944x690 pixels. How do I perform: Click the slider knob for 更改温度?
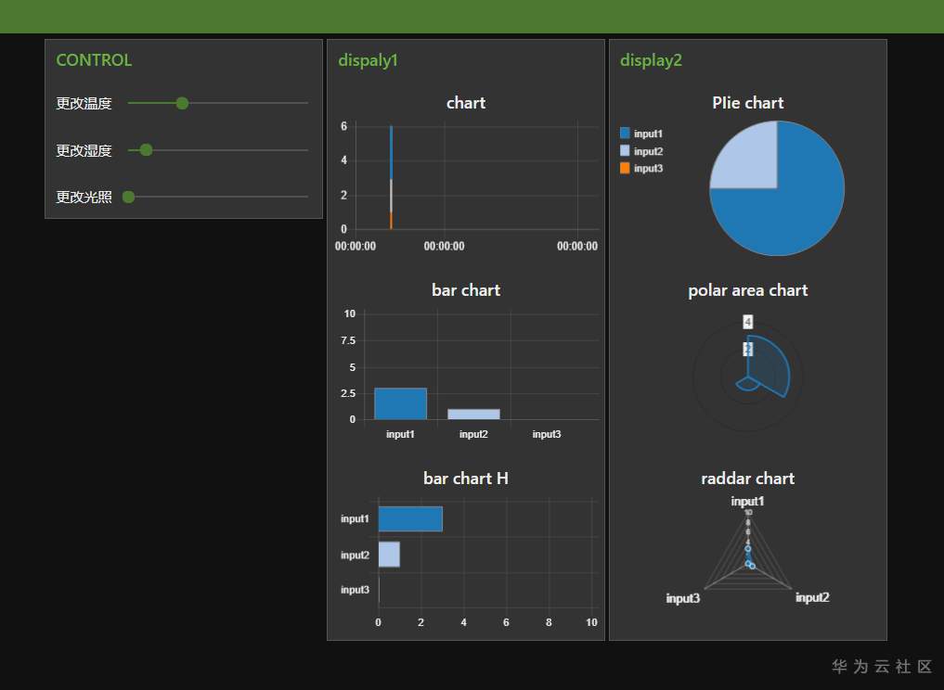coord(182,103)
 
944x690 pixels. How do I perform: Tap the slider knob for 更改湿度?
coord(146,149)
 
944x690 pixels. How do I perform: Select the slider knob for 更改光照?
coord(129,196)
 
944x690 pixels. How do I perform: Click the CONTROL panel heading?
coord(94,60)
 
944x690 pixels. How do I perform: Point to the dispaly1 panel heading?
coord(368,60)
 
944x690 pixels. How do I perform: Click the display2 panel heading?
coord(651,60)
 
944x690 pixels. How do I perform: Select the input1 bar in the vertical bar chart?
coord(400,403)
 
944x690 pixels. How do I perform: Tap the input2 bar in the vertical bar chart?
coord(473,414)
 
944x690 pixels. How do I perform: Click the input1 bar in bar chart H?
coord(410,518)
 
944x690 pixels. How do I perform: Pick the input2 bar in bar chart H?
coord(389,554)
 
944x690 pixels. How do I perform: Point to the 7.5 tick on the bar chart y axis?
coord(349,340)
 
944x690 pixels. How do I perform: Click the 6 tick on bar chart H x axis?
coord(506,622)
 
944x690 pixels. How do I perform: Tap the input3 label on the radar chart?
coord(682,598)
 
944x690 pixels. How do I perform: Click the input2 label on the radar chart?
coord(812,597)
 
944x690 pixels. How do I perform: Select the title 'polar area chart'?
coord(747,290)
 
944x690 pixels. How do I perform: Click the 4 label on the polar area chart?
coord(747,322)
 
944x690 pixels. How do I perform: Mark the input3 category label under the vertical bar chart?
coord(547,434)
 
